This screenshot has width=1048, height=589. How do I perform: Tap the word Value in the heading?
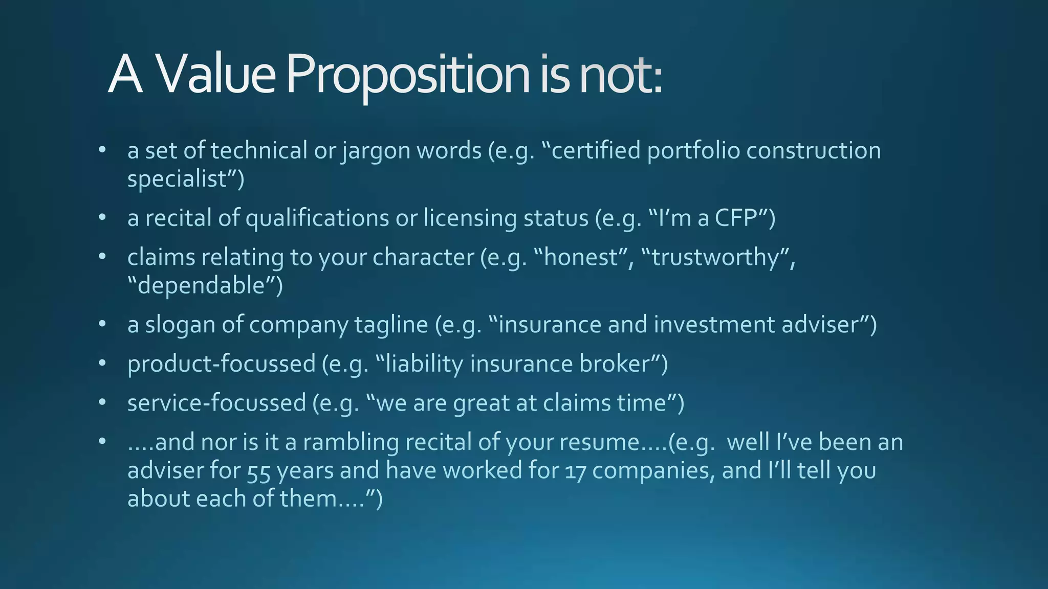[215, 75]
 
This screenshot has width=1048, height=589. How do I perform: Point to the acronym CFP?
[736, 218]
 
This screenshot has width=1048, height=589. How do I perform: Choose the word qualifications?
[317, 218]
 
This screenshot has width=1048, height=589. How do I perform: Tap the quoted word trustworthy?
[714, 257]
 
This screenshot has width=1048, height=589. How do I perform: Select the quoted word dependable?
[203, 285]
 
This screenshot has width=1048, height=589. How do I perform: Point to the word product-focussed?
[221, 364]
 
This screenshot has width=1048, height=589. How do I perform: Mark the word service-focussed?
[216, 403]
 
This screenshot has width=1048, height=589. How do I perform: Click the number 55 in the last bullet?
[258, 471]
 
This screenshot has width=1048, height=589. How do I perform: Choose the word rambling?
[351, 442]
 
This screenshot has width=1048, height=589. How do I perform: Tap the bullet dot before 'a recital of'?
[102, 218]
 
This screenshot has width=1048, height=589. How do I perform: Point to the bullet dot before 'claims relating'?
[102, 257]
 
